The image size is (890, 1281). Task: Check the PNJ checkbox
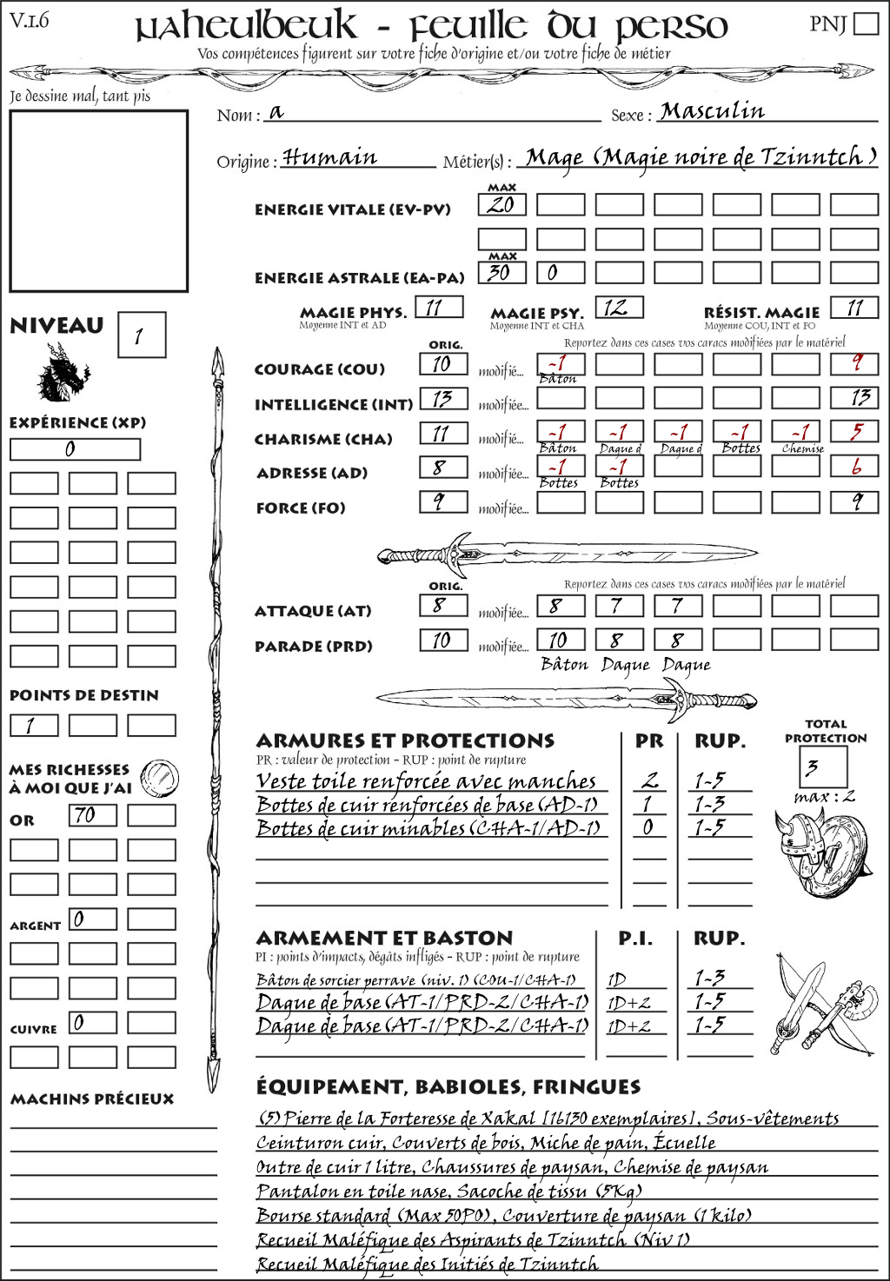(866, 23)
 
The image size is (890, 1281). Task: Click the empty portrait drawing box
(98, 201)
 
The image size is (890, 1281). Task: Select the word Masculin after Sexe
(713, 112)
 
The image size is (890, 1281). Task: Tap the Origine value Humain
(330, 158)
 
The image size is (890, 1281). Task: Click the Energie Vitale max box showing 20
(501, 205)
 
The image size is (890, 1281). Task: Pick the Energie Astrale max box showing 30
(501, 273)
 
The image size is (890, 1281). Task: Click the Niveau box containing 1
(141, 335)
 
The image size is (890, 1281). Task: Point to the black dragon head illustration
(63, 374)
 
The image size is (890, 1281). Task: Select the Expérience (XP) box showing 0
(75, 449)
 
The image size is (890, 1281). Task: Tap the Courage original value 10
(443, 365)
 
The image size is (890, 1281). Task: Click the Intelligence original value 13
(443, 399)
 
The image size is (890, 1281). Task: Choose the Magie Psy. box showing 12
(618, 308)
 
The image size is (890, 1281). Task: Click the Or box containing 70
(92, 816)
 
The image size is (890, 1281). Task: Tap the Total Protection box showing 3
(822, 767)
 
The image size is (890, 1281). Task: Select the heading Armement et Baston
(384, 939)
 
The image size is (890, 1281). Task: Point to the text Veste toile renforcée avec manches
(426, 781)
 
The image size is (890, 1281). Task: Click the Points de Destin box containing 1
(34, 726)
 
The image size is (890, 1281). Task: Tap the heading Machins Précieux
(92, 1099)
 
